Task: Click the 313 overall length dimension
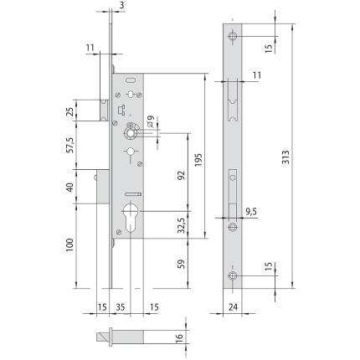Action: (x=285, y=157)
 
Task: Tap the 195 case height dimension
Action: (x=198, y=160)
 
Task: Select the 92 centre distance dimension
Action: (x=182, y=175)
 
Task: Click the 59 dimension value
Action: (x=182, y=264)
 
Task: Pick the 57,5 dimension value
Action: (x=70, y=145)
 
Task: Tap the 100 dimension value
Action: (x=69, y=245)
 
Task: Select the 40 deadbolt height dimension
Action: (x=70, y=187)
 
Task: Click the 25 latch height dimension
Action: (x=70, y=112)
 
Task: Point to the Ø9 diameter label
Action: (x=150, y=121)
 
